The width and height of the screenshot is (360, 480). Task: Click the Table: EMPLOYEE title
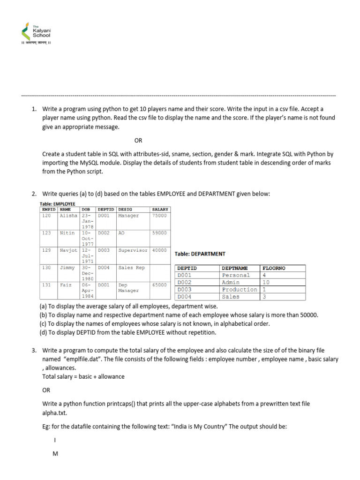point(58,204)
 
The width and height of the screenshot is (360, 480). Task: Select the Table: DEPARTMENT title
point(200,254)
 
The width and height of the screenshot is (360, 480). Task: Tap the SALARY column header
point(160,210)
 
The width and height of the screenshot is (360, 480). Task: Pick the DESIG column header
point(125,210)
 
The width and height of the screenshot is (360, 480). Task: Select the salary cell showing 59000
point(159,232)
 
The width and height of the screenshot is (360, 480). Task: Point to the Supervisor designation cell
point(133,250)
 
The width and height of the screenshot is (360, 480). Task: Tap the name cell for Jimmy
point(67,268)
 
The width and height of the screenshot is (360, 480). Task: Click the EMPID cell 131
point(46,285)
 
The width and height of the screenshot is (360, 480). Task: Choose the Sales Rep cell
point(132,268)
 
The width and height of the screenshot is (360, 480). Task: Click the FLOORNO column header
point(274,268)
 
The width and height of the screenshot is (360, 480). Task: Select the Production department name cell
point(240,290)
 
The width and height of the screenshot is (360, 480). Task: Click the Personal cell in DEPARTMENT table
point(236,276)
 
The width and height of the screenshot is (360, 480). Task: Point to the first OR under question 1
point(138,140)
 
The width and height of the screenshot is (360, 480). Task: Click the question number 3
point(34,350)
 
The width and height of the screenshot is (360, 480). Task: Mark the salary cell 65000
point(159,285)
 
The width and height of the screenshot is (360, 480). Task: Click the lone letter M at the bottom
point(55,454)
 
